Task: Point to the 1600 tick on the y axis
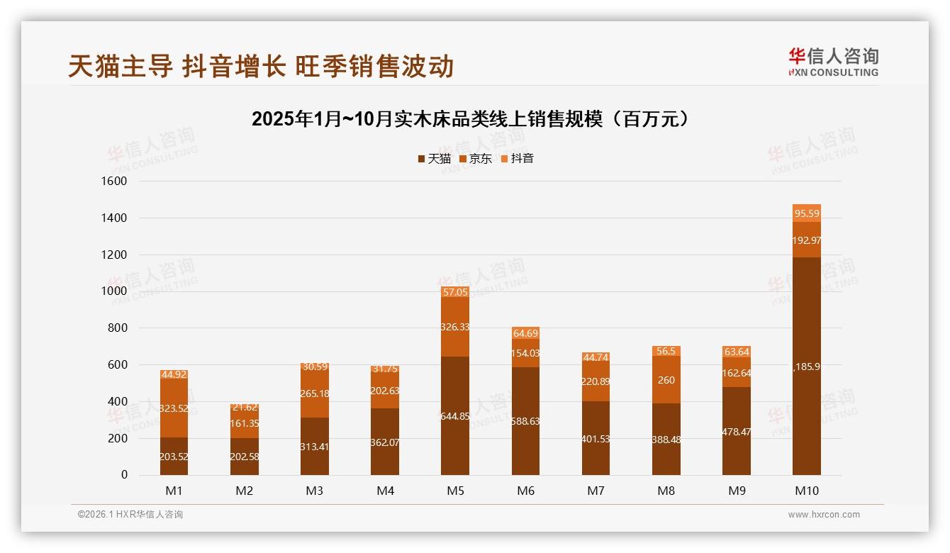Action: pos(114,181)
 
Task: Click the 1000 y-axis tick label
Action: pos(114,291)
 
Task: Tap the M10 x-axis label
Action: pos(806,491)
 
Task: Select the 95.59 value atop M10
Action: pos(807,213)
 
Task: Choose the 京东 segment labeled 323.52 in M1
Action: pos(174,408)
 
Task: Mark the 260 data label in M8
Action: pos(666,380)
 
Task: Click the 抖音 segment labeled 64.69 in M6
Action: pos(525,333)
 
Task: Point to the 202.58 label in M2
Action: pos(244,457)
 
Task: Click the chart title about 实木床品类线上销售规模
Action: pos(471,119)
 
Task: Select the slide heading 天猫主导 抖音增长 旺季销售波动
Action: pos(261,67)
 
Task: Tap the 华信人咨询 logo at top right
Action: pos(833,62)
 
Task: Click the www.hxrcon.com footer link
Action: pos(824,515)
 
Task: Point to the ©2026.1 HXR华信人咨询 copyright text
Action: pos(130,515)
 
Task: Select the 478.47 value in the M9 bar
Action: pos(737,432)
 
